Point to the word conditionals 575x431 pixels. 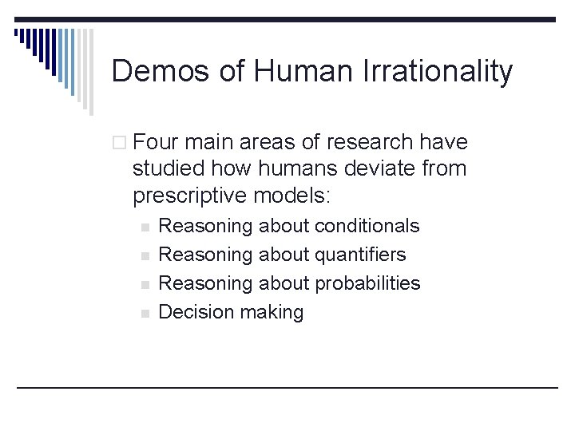coord(367,226)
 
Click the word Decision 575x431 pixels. coord(193,312)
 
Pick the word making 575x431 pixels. coord(268,313)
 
